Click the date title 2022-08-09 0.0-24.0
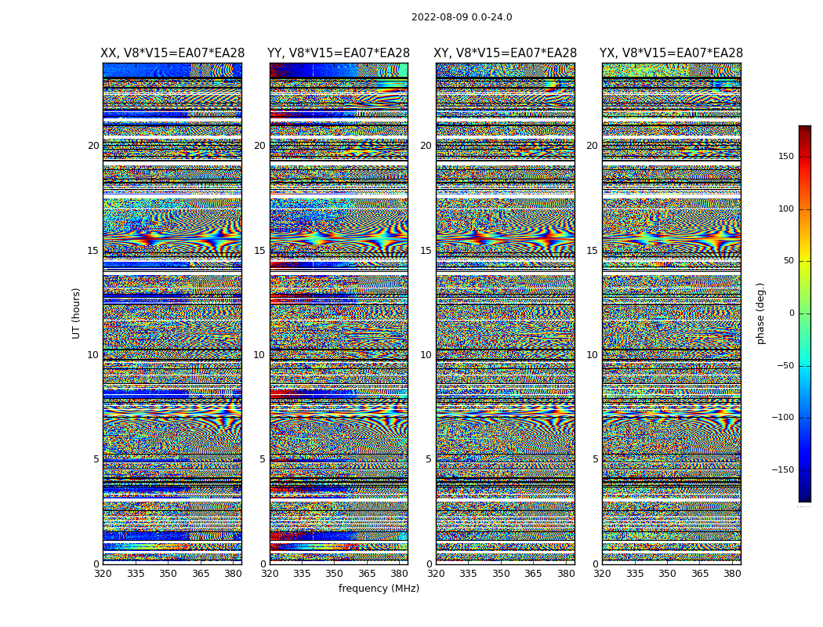pyautogui.click(x=462, y=17)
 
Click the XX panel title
pyautogui.click(x=172, y=53)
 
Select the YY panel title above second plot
pyautogui.click(x=339, y=53)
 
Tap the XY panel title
pyautogui.click(x=506, y=53)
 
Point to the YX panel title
pyautogui.click(x=671, y=53)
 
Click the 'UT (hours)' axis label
pyautogui.click(x=77, y=313)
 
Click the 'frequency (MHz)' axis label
pyautogui.click(x=379, y=589)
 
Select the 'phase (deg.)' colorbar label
pyautogui.click(x=760, y=313)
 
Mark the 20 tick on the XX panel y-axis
pyautogui.click(x=93, y=146)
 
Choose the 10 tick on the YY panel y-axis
pyautogui.click(x=259, y=355)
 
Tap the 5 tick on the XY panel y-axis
pyautogui.click(x=428, y=459)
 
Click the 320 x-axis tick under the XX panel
pyautogui.click(x=103, y=574)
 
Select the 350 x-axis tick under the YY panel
pyautogui.click(x=335, y=574)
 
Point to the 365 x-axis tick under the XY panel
pyautogui.click(x=533, y=574)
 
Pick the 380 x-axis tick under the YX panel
pyautogui.click(x=732, y=574)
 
